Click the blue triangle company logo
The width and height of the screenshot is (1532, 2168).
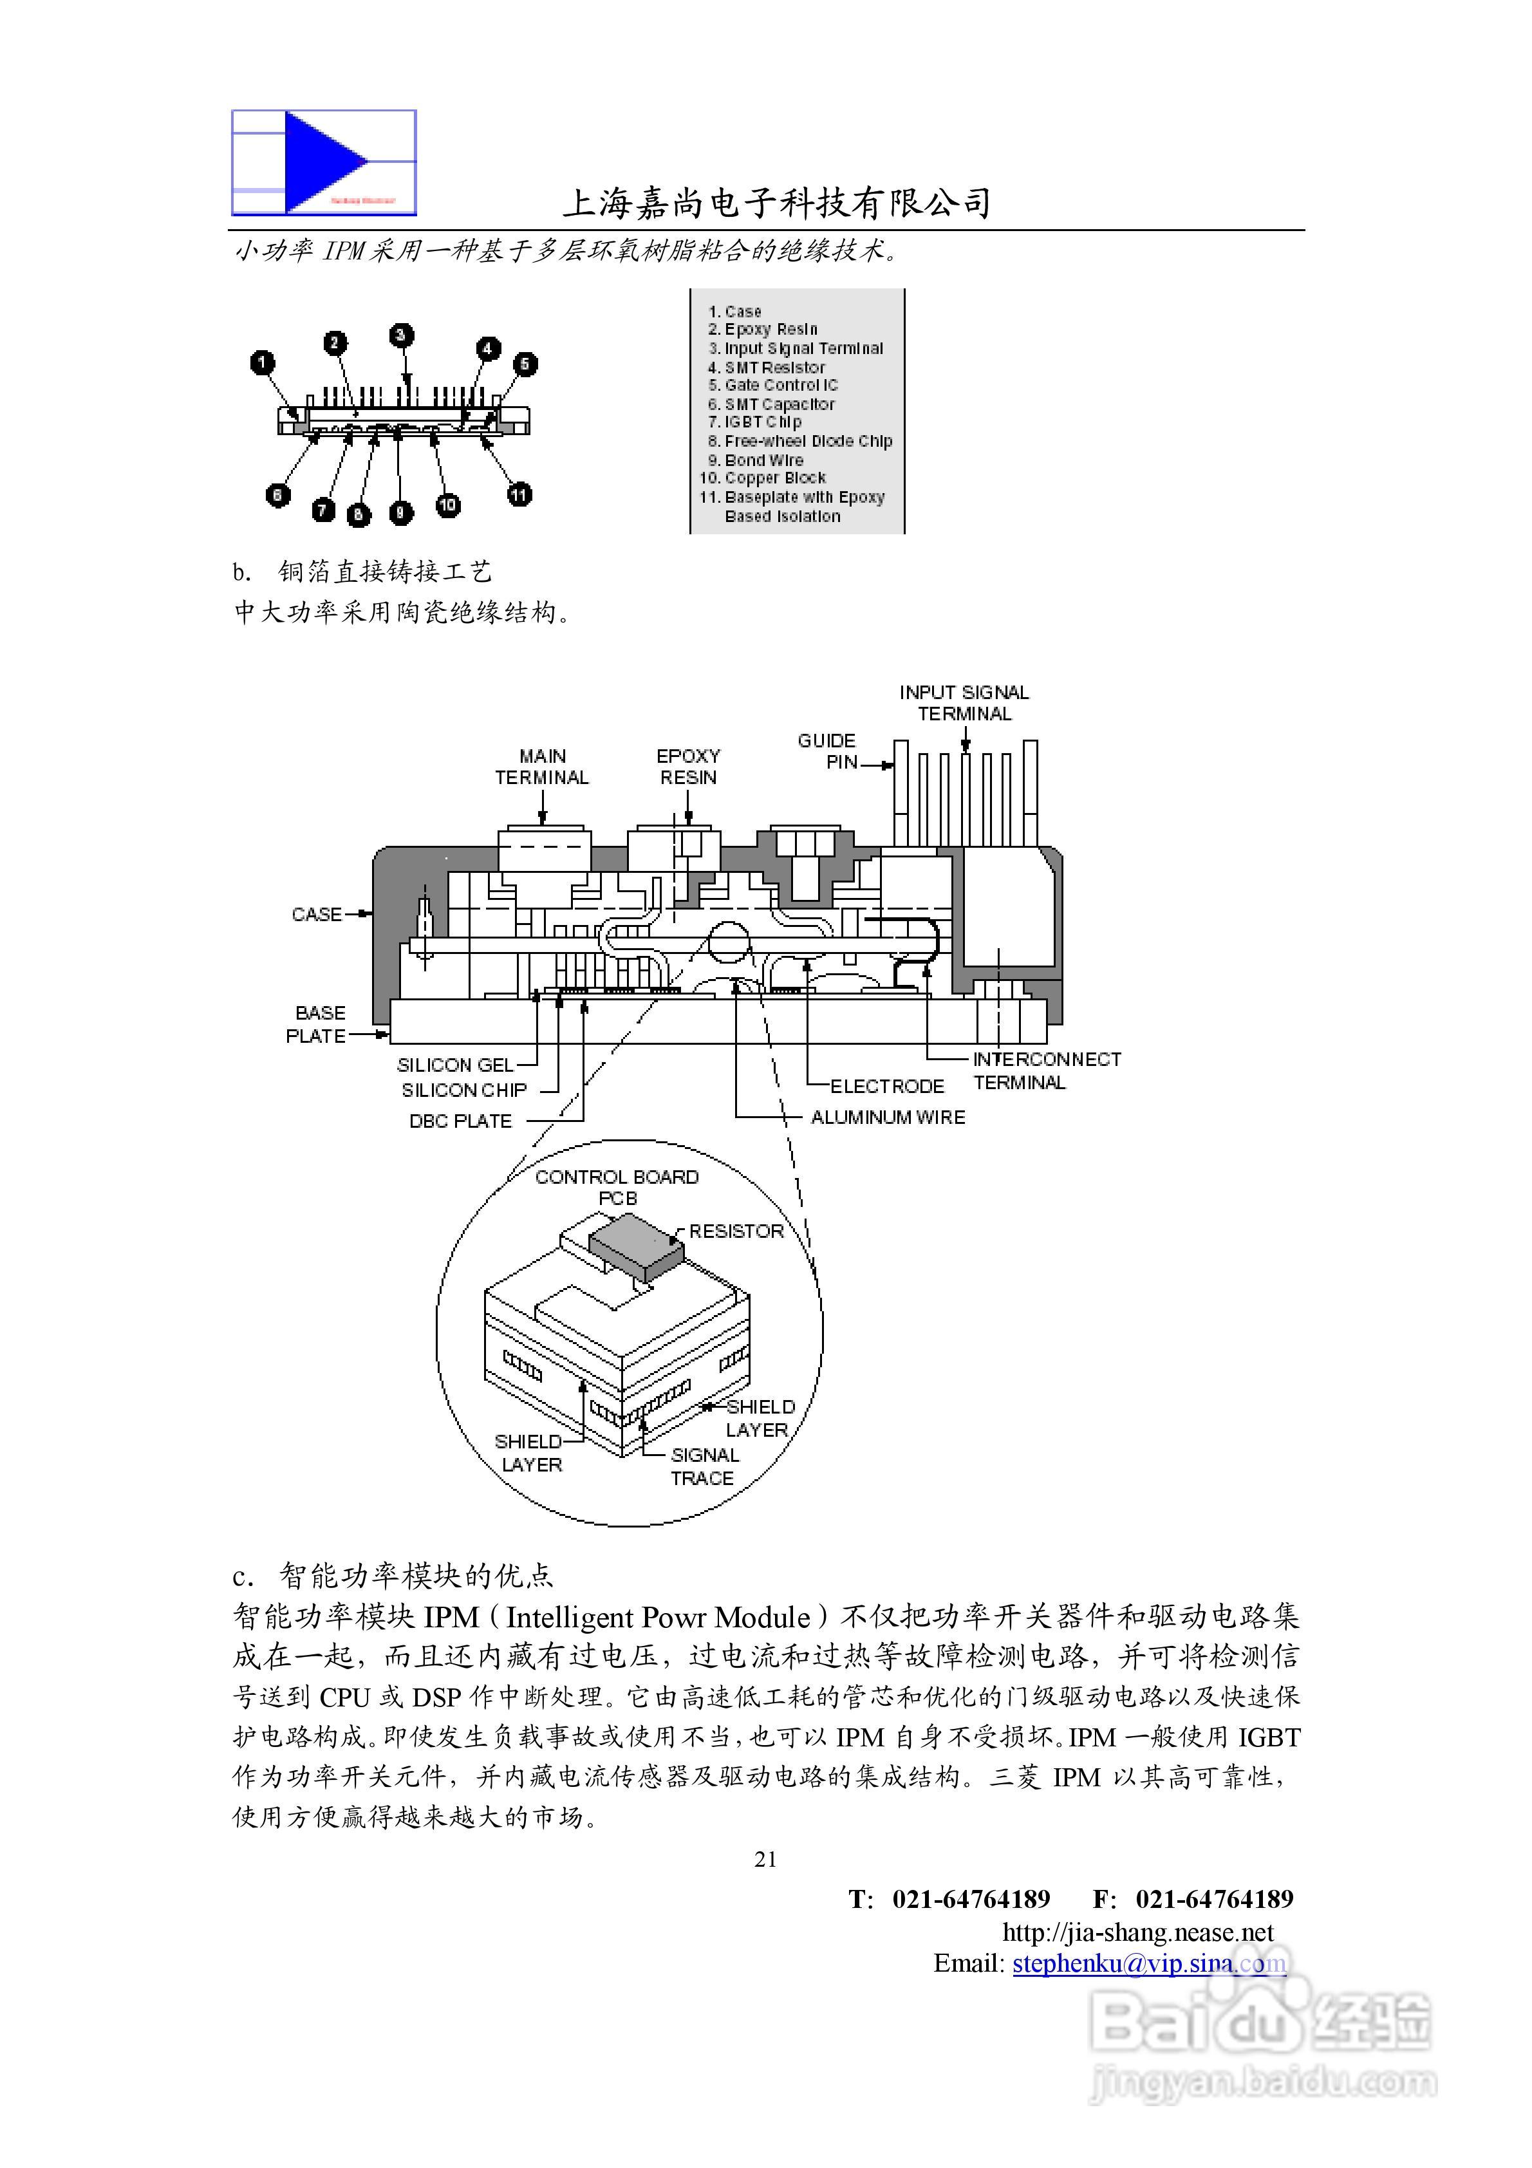[324, 162]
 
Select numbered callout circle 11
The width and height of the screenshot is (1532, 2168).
[519, 494]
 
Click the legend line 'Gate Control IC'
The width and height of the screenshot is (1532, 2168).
[780, 385]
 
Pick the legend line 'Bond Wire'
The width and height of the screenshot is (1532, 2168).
[763, 460]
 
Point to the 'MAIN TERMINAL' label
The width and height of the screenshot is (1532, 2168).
[542, 767]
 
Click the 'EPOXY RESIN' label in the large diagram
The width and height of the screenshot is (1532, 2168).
[689, 767]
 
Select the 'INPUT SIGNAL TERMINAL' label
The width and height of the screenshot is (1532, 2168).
[964, 704]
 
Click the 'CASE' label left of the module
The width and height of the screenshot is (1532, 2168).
[317, 914]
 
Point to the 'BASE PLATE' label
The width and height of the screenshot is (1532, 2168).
[317, 1025]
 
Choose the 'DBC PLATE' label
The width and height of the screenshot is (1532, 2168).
[460, 1121]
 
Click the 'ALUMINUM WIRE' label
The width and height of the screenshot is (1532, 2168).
[888, 1117]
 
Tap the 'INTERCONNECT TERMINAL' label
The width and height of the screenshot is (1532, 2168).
[1047, 1070]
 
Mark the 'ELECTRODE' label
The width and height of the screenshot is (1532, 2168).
[887, 1087]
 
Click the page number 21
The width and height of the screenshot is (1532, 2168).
[766, 1860]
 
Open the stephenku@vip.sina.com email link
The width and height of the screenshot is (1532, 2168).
[1148, 1964]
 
